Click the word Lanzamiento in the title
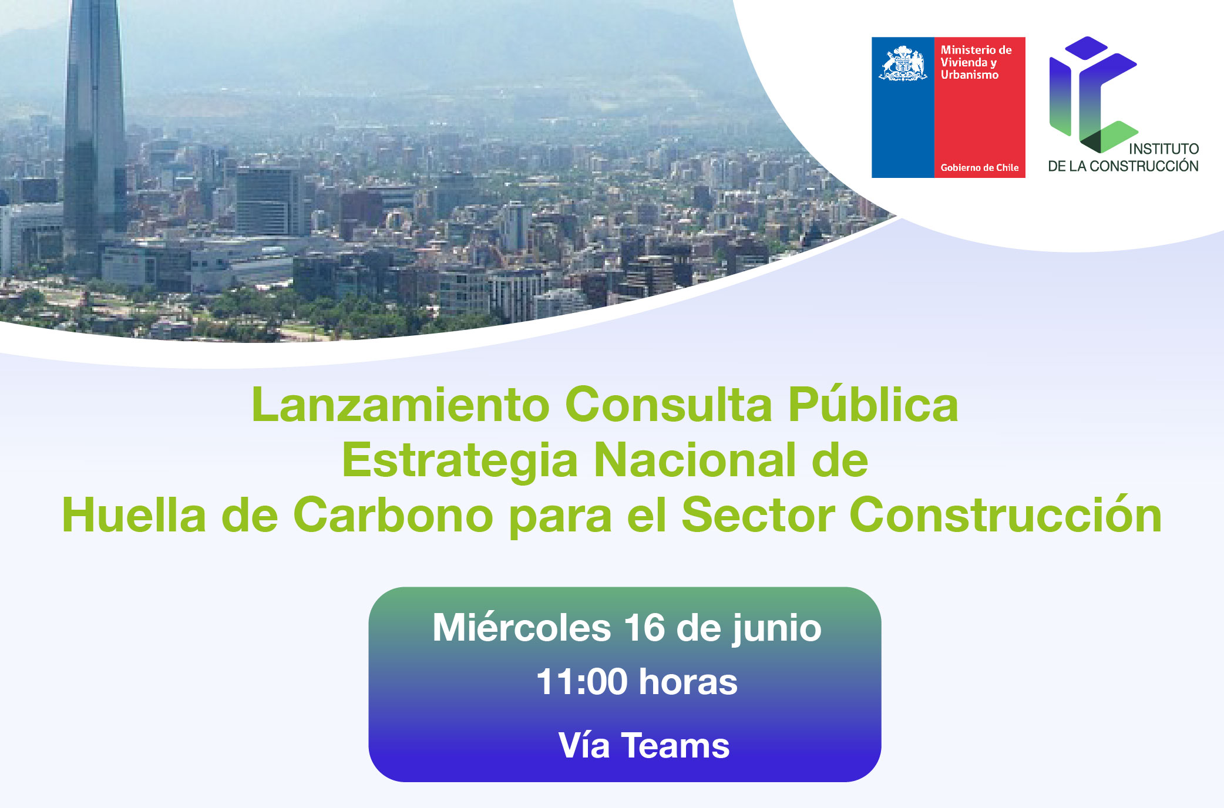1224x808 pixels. click(400, 405)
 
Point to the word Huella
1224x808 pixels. click(134, 514)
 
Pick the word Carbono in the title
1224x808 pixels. click(393, 514)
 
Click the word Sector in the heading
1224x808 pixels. click(758, 514)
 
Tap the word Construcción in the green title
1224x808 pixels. click(1006, 513)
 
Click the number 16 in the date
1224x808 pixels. click(644, 628)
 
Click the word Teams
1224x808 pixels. click(675, 745)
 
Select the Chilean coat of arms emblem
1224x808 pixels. click(903, 63)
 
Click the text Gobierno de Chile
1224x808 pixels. click(980, 167)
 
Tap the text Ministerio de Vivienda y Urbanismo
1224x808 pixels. click(976, 62)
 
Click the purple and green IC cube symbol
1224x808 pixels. click(1094, 95)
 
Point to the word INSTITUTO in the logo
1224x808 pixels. click(1164, 149)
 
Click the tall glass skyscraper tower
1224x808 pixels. click(94, 135)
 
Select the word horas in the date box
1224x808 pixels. click(688, 682)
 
